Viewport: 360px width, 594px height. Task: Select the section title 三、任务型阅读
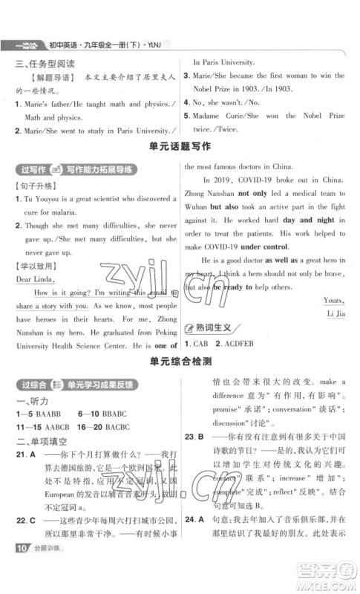click(x=47, y=65)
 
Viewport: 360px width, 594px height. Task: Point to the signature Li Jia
click(x=333, y=312)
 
